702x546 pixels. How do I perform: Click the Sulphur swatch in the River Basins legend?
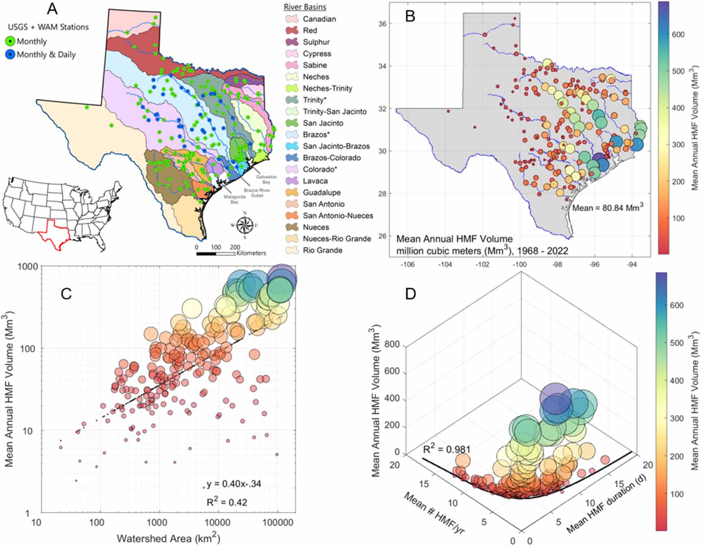[x=292, y=42]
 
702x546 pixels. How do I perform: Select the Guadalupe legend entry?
[x=321, y=192]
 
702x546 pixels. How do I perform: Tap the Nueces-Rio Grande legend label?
[x=337, y=239]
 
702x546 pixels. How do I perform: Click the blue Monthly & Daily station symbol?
[x=10, y=55]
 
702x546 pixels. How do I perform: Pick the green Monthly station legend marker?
[x=10, y=41]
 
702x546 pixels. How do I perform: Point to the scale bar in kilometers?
[x=216, y=253]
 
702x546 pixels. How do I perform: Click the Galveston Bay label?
[x=266, y=179]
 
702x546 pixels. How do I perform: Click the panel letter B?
[x=410, y=16]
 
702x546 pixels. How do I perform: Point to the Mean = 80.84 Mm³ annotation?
[x=608, y=207]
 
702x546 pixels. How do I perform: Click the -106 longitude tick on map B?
[x=407, y=265]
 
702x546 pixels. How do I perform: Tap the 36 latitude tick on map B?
[x=383, y=24]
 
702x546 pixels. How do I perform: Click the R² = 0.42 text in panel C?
[x=227, y=502]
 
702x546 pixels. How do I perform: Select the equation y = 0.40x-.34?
[x=234, y=484]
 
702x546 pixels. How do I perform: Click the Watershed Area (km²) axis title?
[x=168, y=538]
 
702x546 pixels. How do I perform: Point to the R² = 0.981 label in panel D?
[x=446, y=449]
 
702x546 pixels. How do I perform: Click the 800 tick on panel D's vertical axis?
[x=392, y=345]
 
